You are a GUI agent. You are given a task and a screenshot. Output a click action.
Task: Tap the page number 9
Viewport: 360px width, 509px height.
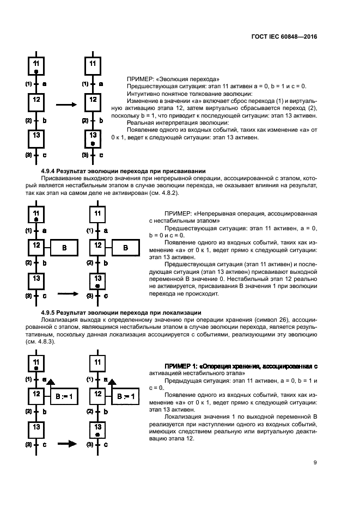(x=315, y=463)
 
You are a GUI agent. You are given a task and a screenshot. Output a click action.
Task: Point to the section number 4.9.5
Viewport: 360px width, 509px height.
(x=50, y=312)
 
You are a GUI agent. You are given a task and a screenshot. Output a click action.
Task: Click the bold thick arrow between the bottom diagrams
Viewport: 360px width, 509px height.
(x=67, y=444)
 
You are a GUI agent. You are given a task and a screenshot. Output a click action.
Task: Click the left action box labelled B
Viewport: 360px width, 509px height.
(x=64, y=248)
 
